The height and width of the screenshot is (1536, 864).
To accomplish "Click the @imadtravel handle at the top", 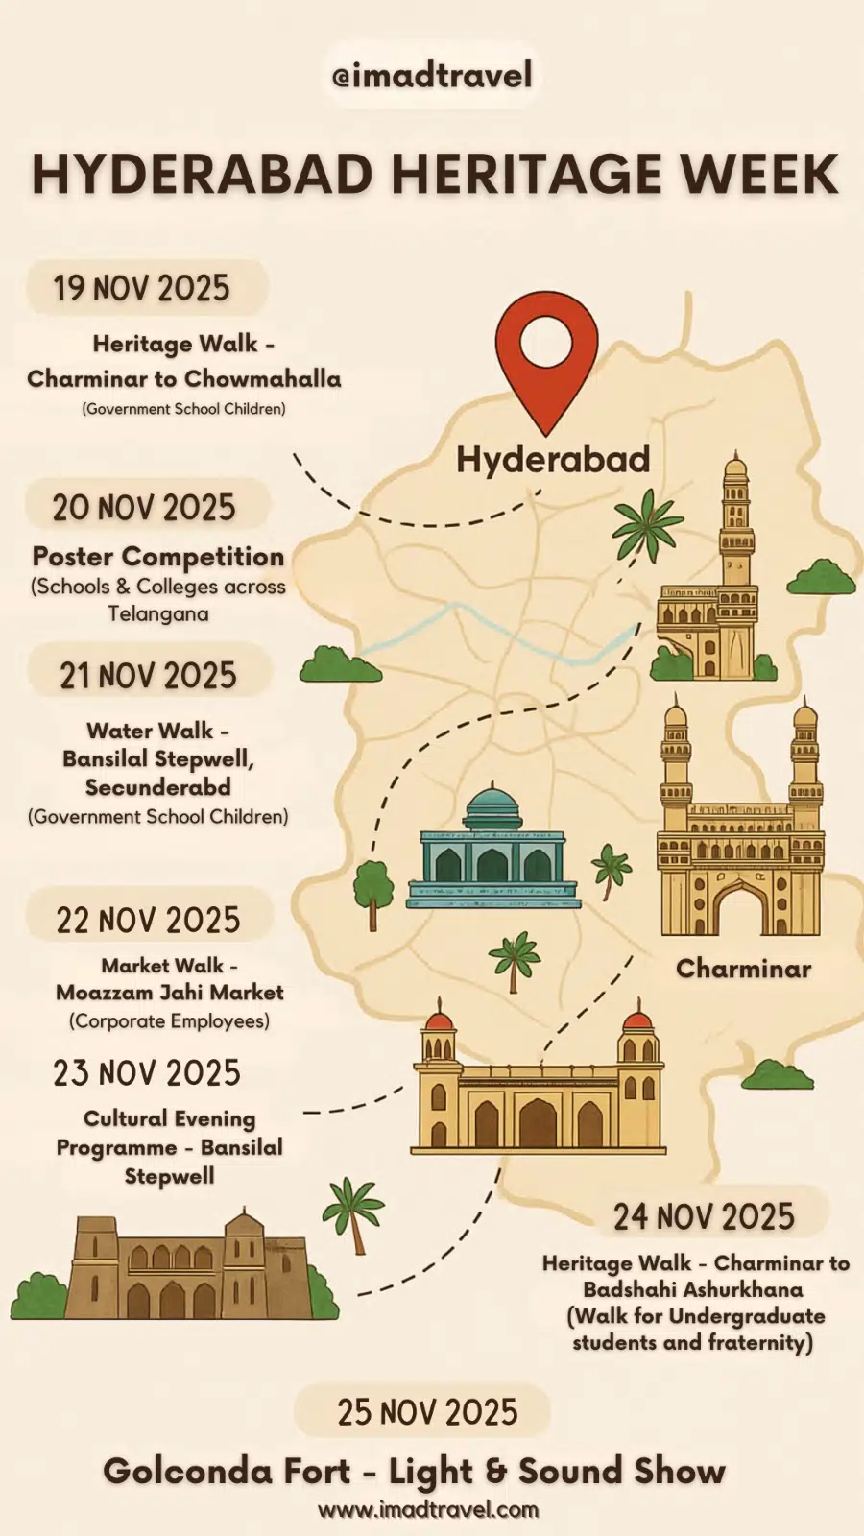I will pos(432,75).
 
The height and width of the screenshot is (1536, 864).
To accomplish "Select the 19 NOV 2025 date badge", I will pos(142,288).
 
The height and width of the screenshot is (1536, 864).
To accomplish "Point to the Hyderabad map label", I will pos(553,459).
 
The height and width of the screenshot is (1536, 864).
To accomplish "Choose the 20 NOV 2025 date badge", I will pos(144,507).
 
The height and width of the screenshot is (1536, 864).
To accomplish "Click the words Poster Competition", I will pos(158,557).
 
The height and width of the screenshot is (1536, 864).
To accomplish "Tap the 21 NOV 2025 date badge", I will pos(148,675).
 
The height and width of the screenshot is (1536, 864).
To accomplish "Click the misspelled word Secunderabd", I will pos(158,787).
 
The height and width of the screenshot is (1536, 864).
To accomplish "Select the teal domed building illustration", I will pos(492,850).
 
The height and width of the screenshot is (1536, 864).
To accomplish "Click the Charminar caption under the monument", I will pos(743,968).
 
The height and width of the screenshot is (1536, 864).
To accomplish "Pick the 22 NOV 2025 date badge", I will pos(148,920).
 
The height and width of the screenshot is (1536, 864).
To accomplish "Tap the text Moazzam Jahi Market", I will pos(170,993).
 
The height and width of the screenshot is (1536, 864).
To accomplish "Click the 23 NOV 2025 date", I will pos(147,1072).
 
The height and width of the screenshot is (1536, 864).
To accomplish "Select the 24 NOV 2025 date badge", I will pos(704,1216).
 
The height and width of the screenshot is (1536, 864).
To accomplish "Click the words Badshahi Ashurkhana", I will pos(693,1289).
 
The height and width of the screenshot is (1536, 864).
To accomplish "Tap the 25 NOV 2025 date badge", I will pos(427,1412).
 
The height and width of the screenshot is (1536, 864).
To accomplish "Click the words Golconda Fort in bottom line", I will pos(228,1471).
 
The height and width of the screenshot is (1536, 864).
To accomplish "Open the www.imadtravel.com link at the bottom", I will pos(428,1510).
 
